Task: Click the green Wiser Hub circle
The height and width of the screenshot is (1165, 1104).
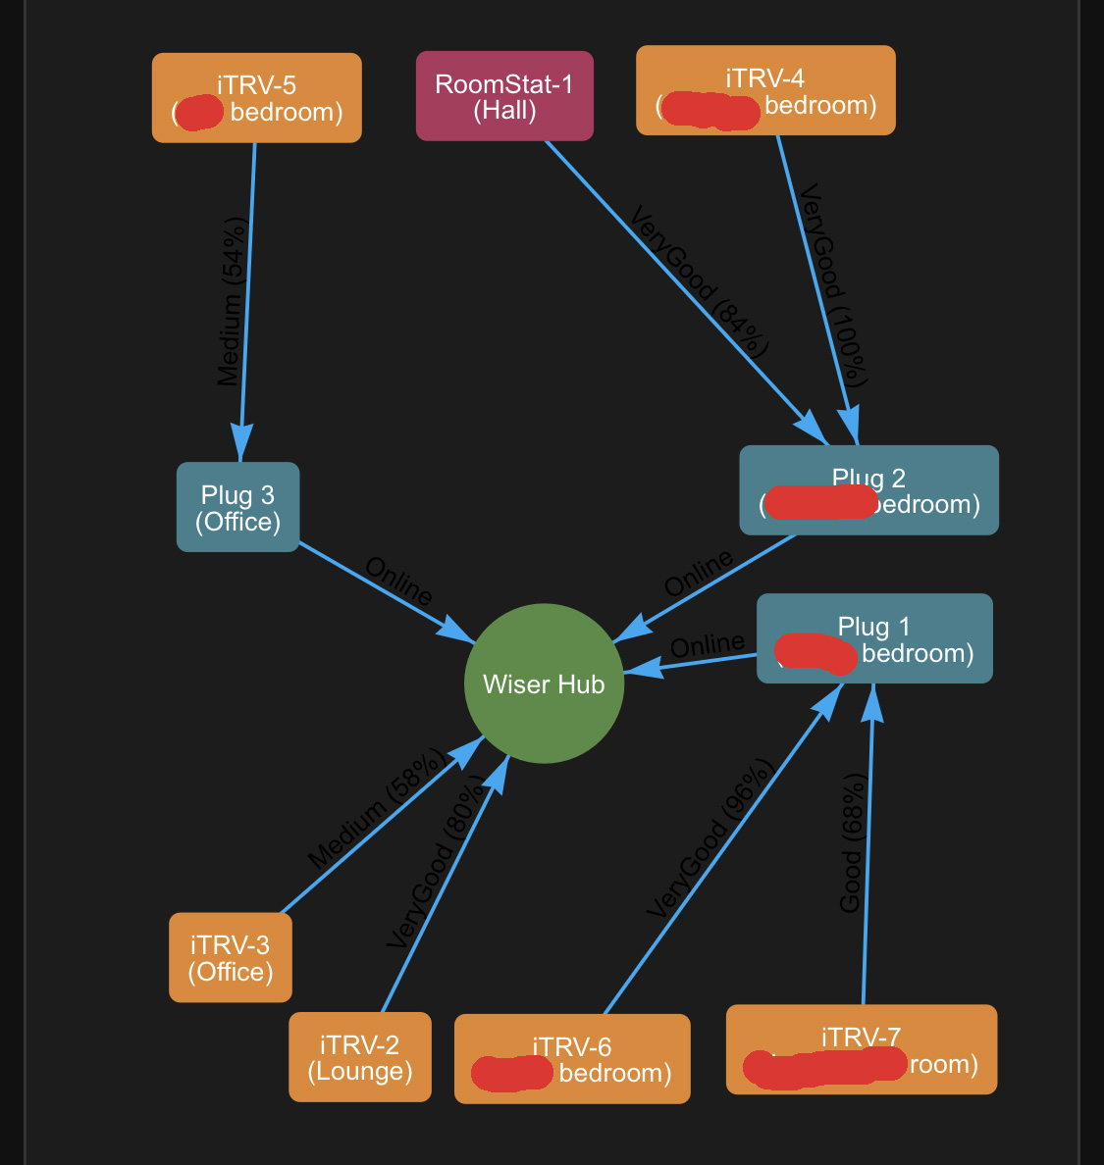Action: click(544, 684)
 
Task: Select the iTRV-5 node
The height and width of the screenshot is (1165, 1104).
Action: click(257, 98)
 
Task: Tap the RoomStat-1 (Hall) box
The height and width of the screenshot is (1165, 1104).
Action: click(504, 96)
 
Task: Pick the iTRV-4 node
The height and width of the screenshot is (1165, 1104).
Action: click(765, 90)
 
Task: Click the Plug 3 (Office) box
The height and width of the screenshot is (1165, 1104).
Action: click(237, 507)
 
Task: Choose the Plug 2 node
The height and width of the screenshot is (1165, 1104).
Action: click(868, 490)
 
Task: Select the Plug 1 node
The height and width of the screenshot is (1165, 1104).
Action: click(874, 638)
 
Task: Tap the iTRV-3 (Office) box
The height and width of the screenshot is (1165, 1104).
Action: click(231, 958)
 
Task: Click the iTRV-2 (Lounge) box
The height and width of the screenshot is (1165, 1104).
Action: click(360, 1057)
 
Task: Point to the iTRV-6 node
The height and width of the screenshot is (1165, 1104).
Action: click(572, 1059)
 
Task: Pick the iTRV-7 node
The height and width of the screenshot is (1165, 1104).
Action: click(862, 1049)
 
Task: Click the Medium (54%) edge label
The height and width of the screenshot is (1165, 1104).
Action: click(233, 301)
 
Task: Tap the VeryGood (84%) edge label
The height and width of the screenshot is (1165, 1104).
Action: click(699, 280)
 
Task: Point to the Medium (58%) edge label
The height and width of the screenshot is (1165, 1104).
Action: click(378, 809)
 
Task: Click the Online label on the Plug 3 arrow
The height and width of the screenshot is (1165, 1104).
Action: click(398, 581)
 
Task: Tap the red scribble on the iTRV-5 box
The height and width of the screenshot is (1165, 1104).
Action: click(200, 113)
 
